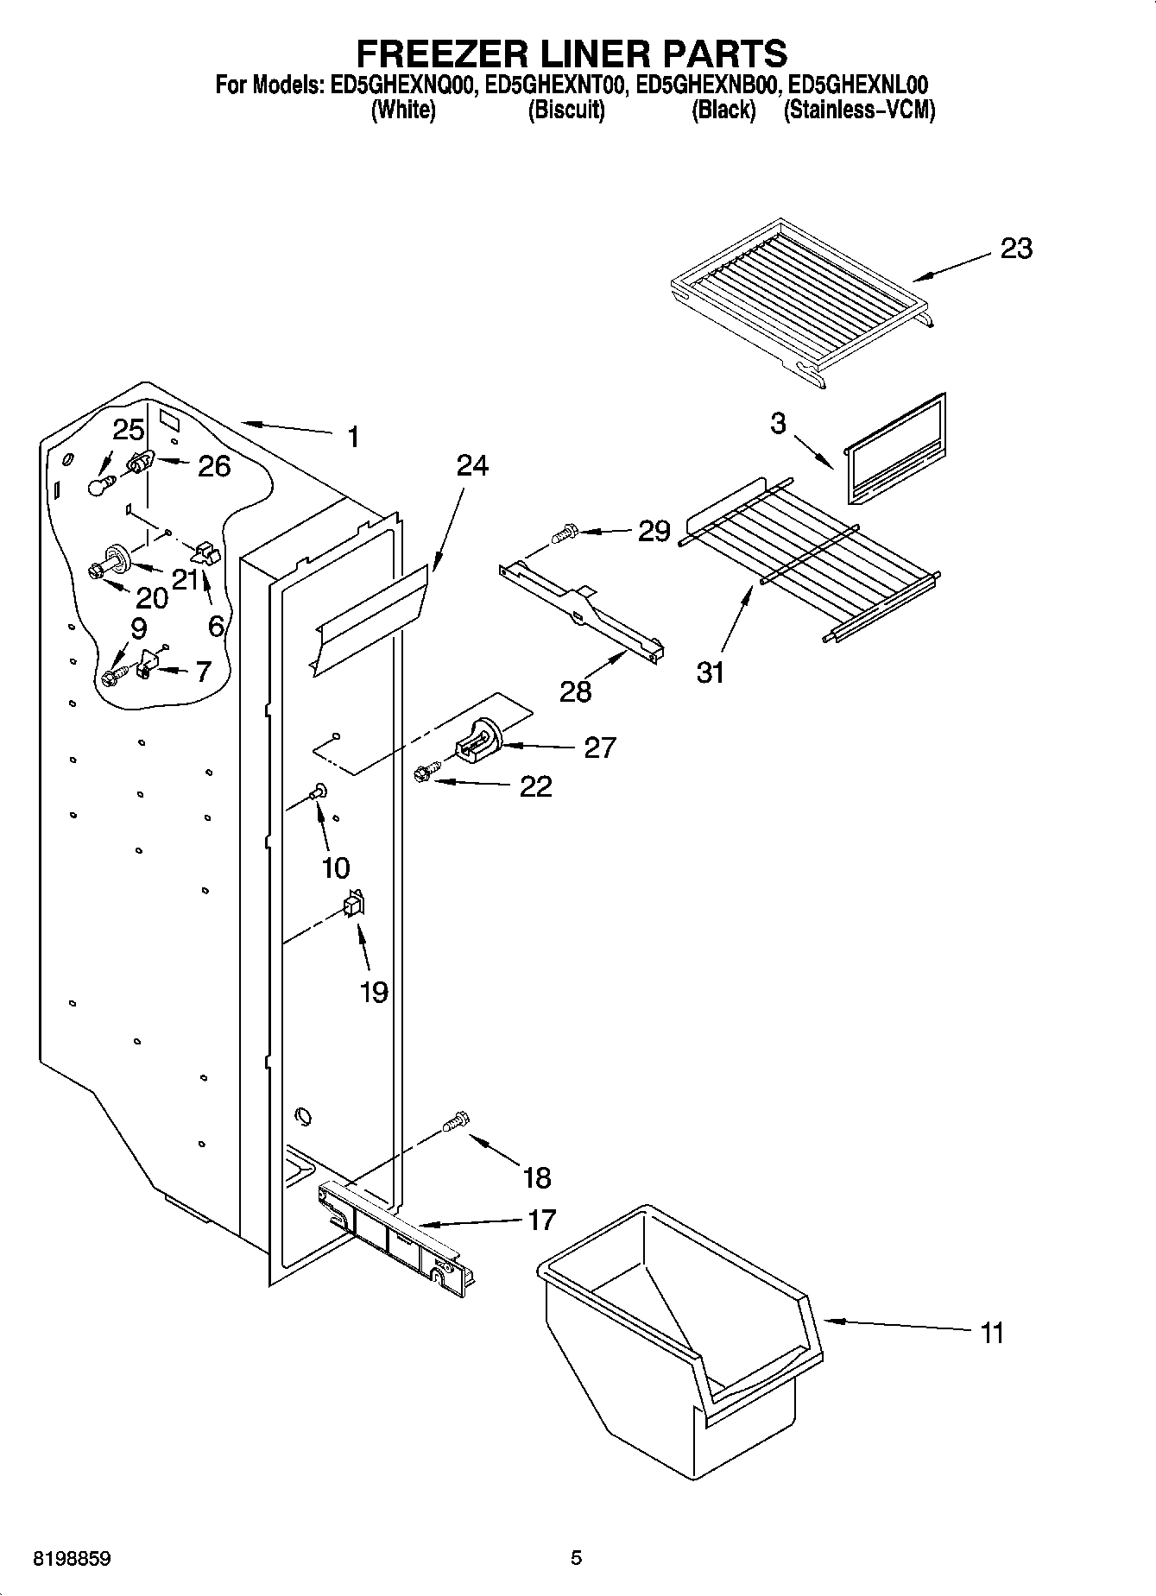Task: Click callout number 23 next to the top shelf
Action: (x=1015, y=249)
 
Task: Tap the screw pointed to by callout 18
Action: (x=454, y=1121)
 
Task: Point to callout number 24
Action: (x=472, y=466)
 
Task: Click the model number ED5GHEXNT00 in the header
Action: (x=554, y=85)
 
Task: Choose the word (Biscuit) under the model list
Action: (x=565, y=110)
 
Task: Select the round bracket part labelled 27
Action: (x=477, y=742)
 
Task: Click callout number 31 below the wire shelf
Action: (x=710, y=672)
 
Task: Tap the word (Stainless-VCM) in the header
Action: (x=858, y=110)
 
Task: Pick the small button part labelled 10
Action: (x=319, y=789)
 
